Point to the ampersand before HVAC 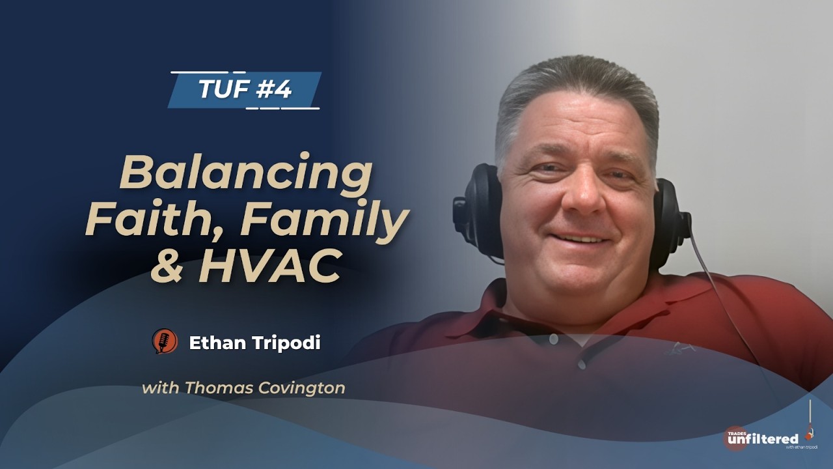[167, 266]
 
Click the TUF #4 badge [245, 89]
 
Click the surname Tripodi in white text [286, 343]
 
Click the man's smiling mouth [580, 239]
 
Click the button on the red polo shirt [554, 339]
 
